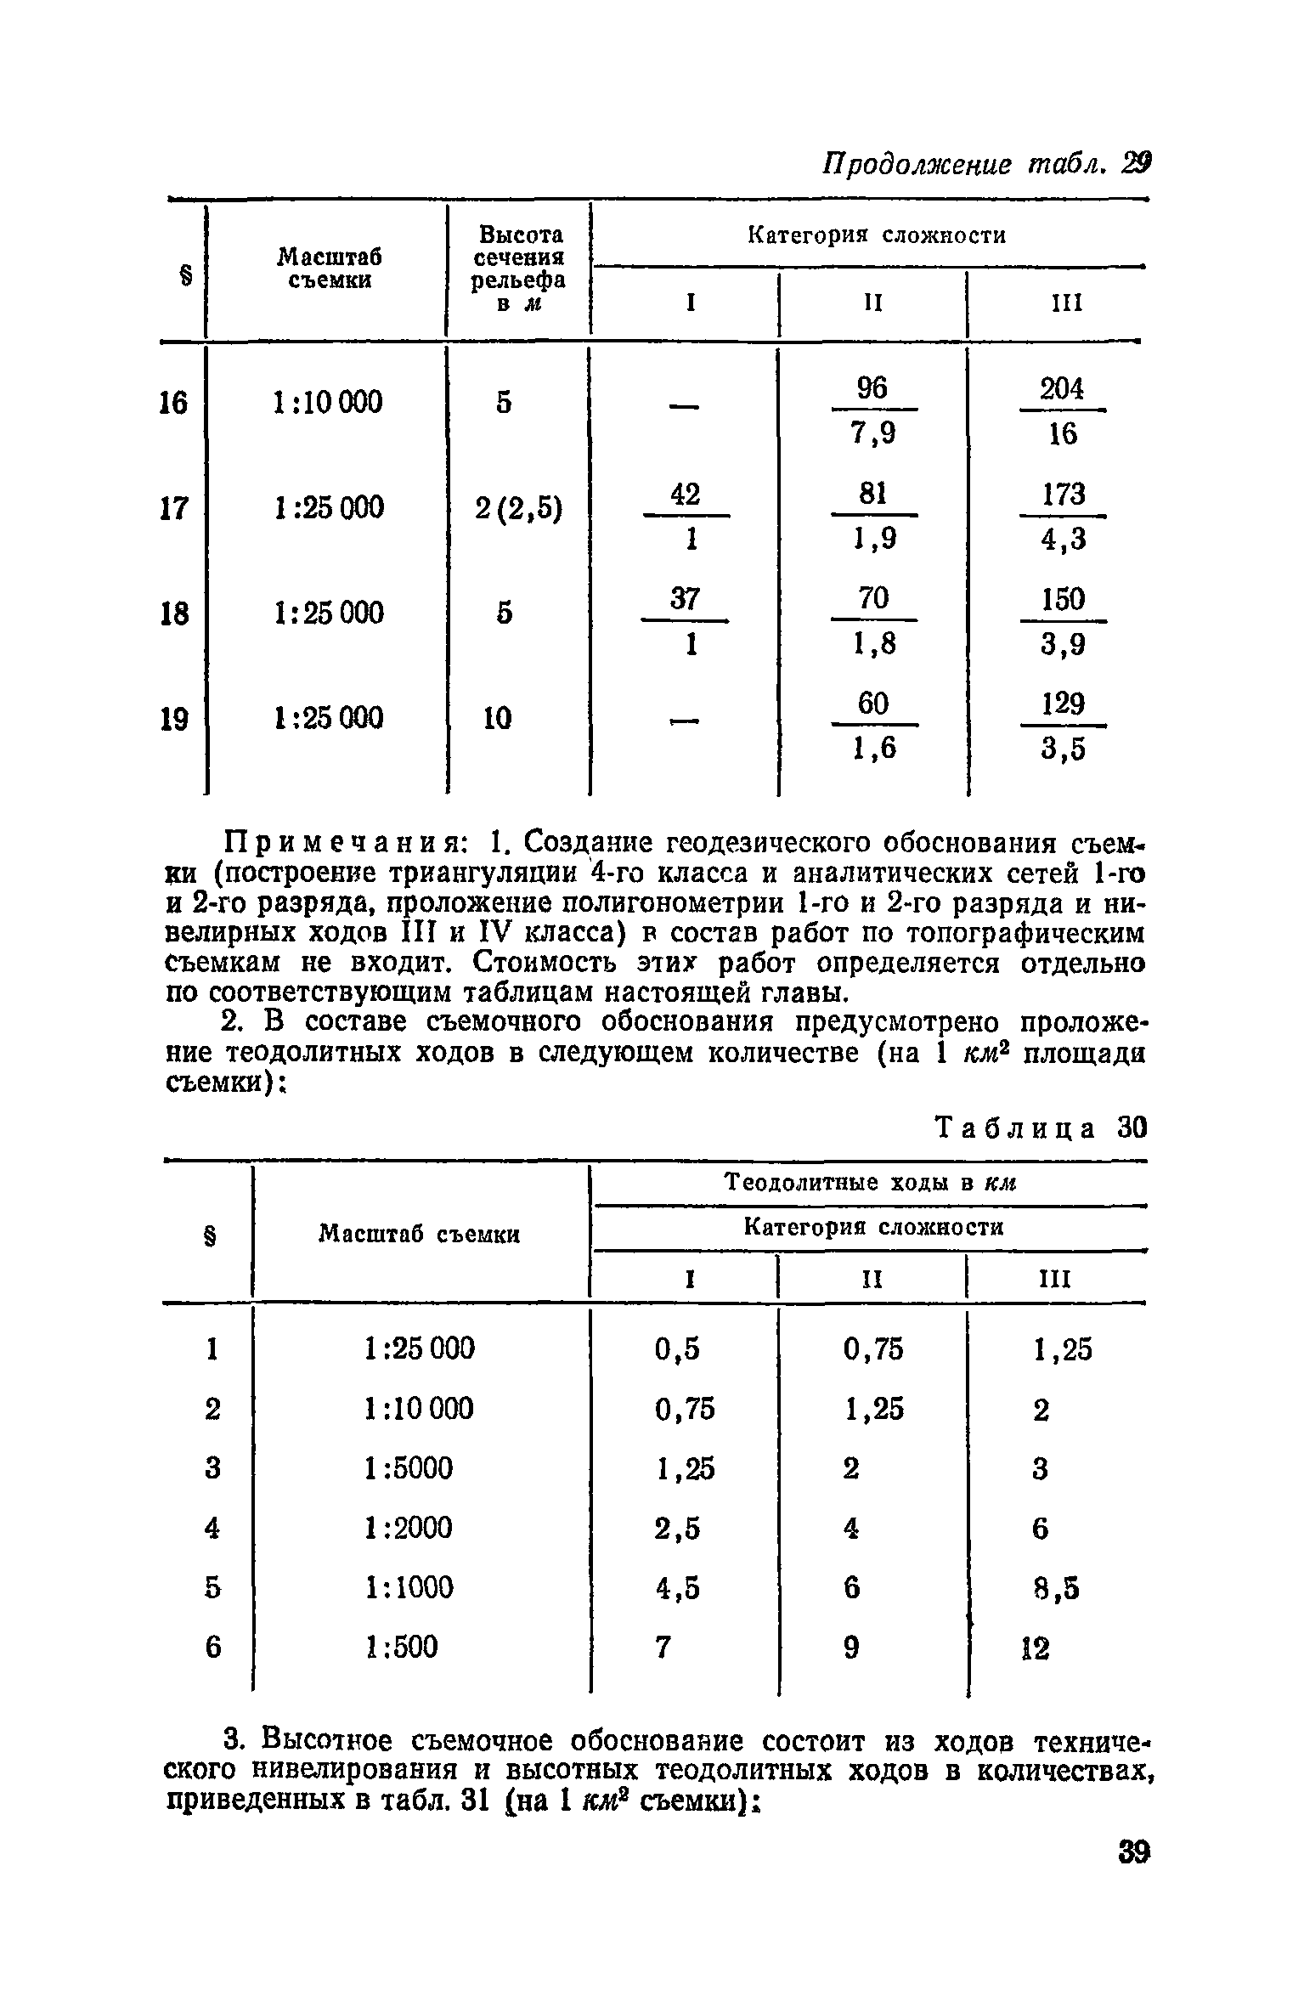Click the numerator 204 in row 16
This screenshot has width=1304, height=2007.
click(1062, 388)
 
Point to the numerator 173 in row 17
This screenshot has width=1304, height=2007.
click(1063, 494)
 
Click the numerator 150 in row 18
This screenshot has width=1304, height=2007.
click(1063, 599)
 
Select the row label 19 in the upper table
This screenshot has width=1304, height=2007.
click(173, 720)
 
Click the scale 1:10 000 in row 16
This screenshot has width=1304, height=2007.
click(328, 401)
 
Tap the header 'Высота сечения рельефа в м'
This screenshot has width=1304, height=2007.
click(518, 269)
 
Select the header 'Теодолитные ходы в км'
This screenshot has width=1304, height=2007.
click(871, 1183)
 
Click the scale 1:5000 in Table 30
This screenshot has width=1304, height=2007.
click(409, 1467)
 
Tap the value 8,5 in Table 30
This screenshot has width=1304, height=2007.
click(1056, 1587)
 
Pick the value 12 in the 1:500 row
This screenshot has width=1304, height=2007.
click(1036, 1648)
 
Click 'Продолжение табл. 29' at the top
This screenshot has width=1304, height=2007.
click(984, 163)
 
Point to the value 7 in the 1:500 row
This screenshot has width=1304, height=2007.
click(663, 1648)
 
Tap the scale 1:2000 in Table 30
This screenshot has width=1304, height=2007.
click(409, 1528)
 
